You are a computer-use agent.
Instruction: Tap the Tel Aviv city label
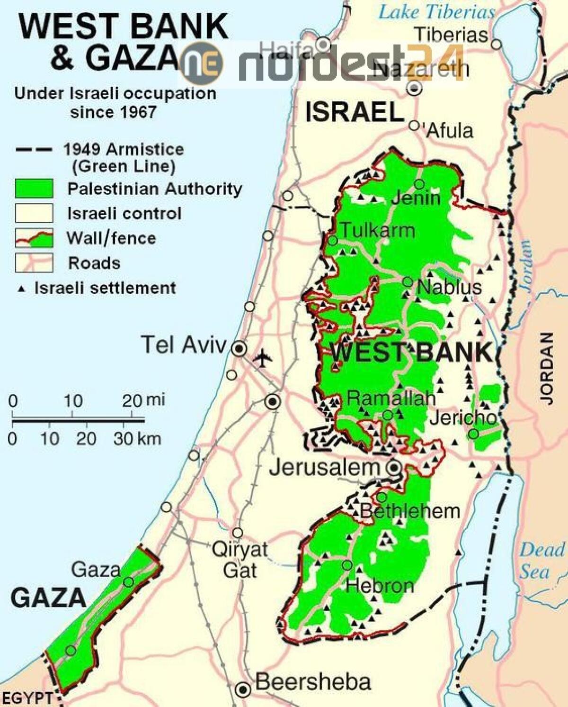point(184,345)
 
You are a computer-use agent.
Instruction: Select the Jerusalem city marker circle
point(394,468)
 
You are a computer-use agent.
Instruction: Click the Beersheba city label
point(313,682)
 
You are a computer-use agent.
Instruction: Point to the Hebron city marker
point(347,565)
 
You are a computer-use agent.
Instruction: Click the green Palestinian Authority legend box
point(34,189)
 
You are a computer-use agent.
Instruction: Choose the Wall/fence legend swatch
point(34,238)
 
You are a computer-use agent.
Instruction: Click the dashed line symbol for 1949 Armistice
point(34,150)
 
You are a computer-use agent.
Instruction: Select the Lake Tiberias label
point(436,12)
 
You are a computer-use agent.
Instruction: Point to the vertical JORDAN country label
point(547,368)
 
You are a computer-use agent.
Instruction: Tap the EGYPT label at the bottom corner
point(27,698)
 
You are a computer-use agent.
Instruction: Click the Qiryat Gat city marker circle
point(238,533)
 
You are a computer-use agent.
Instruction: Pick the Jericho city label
point(462,418)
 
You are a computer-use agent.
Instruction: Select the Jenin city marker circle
point(419,184)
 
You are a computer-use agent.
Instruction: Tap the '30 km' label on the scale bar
point(137,439)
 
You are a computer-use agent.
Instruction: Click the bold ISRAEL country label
point(354,113)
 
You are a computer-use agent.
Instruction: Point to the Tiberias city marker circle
point(496,45)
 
